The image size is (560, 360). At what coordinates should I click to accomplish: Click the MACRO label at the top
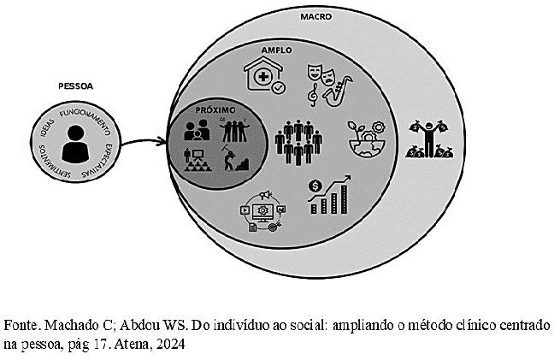pos(315,16)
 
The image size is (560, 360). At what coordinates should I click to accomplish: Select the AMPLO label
pos(276,50)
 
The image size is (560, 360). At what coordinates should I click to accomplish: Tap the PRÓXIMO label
pos(215,110)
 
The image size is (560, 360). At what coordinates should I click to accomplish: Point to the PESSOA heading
pos(76,86)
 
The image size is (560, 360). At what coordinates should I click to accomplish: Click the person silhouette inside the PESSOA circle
pos(75,144)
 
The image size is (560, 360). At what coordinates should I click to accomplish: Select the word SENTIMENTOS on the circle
pos(53,163)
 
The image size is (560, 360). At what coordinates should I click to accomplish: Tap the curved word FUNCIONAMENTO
pos(86,120)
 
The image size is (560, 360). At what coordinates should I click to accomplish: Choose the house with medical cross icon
pos(265,76)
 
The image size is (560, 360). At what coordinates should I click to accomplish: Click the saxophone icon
pos(337,91)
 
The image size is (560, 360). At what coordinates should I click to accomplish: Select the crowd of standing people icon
pos(298,142)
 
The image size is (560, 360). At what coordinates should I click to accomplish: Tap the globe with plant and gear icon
pos(367,139)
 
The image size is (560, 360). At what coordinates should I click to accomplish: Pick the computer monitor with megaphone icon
pos(263,211)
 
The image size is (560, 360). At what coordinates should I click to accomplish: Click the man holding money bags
pos(429,139)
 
